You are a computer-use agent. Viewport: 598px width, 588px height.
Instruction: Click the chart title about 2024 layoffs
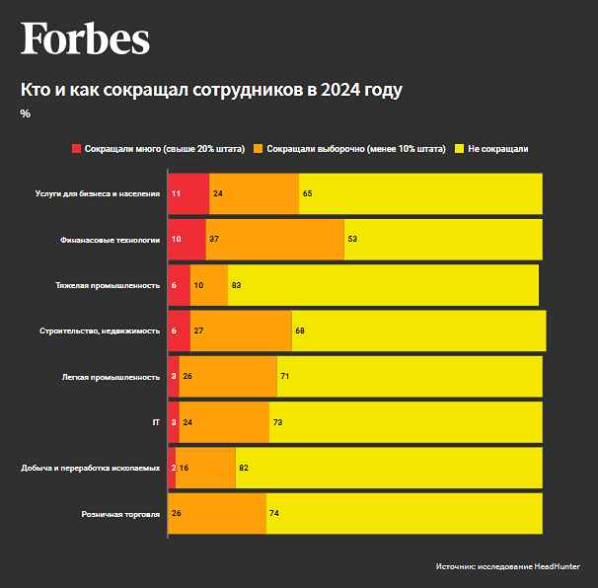click(211, 90)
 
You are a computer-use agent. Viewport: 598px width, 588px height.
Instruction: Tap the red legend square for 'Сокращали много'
click(77, 149)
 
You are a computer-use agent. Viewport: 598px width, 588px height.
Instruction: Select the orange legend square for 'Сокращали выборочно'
click(259, 149)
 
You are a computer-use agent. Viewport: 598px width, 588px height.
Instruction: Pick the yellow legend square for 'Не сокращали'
click(460, 149)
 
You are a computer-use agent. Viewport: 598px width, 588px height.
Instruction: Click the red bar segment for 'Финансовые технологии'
click(187, 240)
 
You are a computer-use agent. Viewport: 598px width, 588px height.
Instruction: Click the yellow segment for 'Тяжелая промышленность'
click(385, 285)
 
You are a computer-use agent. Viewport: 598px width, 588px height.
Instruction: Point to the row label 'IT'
click(155, 421)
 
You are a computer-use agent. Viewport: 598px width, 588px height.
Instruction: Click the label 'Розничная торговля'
click(120, 513)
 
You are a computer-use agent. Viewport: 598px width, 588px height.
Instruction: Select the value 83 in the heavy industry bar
click(237, 285)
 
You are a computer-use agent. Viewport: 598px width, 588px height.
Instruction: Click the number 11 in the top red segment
click(176, 193)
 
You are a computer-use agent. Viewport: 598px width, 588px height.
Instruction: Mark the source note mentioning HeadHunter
click(514, 566)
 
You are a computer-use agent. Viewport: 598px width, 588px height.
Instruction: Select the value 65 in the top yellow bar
click(308, 193)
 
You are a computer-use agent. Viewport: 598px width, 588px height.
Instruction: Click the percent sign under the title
click(25, 113)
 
